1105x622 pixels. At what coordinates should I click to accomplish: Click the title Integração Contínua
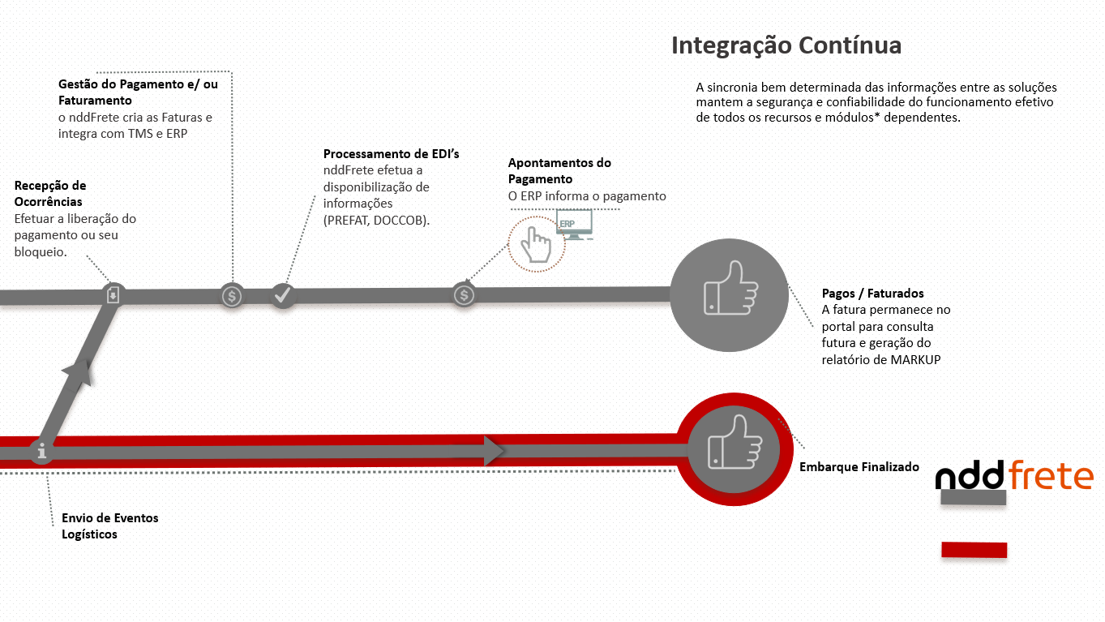[x=786, y=45]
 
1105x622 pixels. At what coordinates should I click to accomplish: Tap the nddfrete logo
[x=1014, y=476]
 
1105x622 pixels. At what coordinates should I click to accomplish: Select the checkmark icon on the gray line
[x=282, y=295]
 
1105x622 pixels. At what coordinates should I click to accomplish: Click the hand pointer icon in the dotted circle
[x=535, y=243]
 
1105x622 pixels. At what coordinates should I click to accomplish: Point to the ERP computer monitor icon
[x=574, y=224]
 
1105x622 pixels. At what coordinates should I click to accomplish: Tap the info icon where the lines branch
[x=41, y=452]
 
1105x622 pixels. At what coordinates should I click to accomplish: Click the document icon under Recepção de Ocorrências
[x=113, y=294]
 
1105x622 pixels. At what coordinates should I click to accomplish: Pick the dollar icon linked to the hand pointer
[x=464, y=295]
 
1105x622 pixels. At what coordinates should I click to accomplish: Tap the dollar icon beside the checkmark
[x=233, y=296]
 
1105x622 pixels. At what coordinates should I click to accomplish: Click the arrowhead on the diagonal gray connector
[x=77, y=372]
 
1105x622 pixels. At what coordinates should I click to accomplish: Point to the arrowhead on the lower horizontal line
[x=494, y=451]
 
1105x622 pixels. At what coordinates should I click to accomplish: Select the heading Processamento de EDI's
[x=392, y=154]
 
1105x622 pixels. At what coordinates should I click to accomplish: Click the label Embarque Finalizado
[x=859, y=467]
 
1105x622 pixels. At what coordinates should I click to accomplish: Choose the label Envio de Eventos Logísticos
[x=110, y=525]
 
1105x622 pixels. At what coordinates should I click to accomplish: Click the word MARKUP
[x=915, y=359]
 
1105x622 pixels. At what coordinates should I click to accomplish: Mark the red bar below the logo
[x=974, y=550]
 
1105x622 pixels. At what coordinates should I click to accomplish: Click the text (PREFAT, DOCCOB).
[x=376, y=220]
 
